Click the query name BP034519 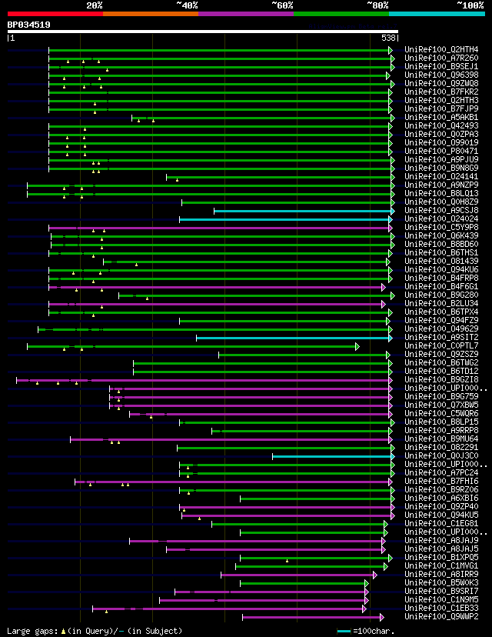(x=29, y=25)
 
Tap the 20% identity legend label (x=95, y=5)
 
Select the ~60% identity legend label (x=282, y=5)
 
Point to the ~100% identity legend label (x=470, y=5)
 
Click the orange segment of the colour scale (x=150, y=13)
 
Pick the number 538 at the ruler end (x=389, y=37)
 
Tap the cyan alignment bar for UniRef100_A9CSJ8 (x=303, y=210)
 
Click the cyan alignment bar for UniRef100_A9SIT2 (x=294, y=337)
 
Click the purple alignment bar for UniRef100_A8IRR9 (x=298, y=574)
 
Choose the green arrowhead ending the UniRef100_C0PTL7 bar (x=357, y=346)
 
